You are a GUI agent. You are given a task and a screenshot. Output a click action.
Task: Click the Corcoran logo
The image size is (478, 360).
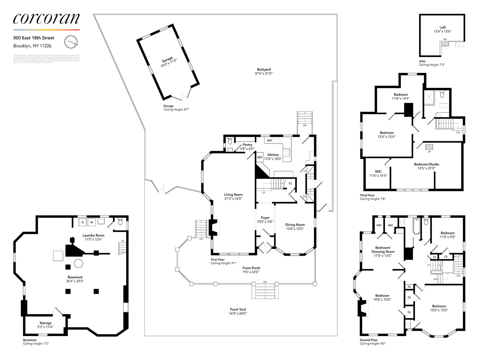(46, 19)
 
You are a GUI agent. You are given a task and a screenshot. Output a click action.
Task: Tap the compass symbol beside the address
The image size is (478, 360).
(71, 42)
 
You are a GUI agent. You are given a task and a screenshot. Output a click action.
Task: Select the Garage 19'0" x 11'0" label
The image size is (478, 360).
(168, 62)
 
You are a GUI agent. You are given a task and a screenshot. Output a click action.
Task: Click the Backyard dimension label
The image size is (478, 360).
(263, 71)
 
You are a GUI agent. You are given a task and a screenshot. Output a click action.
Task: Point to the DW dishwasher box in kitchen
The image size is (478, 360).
(269, 140)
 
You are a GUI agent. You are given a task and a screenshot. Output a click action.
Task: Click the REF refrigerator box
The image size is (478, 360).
(260, 157)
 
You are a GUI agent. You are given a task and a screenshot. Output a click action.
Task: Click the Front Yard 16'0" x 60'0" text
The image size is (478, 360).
(238, 311)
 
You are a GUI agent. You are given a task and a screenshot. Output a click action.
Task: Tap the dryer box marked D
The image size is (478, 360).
(83, 222)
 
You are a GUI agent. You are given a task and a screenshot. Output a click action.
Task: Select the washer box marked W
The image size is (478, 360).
(92, 222)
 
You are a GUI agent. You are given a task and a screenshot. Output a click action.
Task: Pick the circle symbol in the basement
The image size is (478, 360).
(78, 264)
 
